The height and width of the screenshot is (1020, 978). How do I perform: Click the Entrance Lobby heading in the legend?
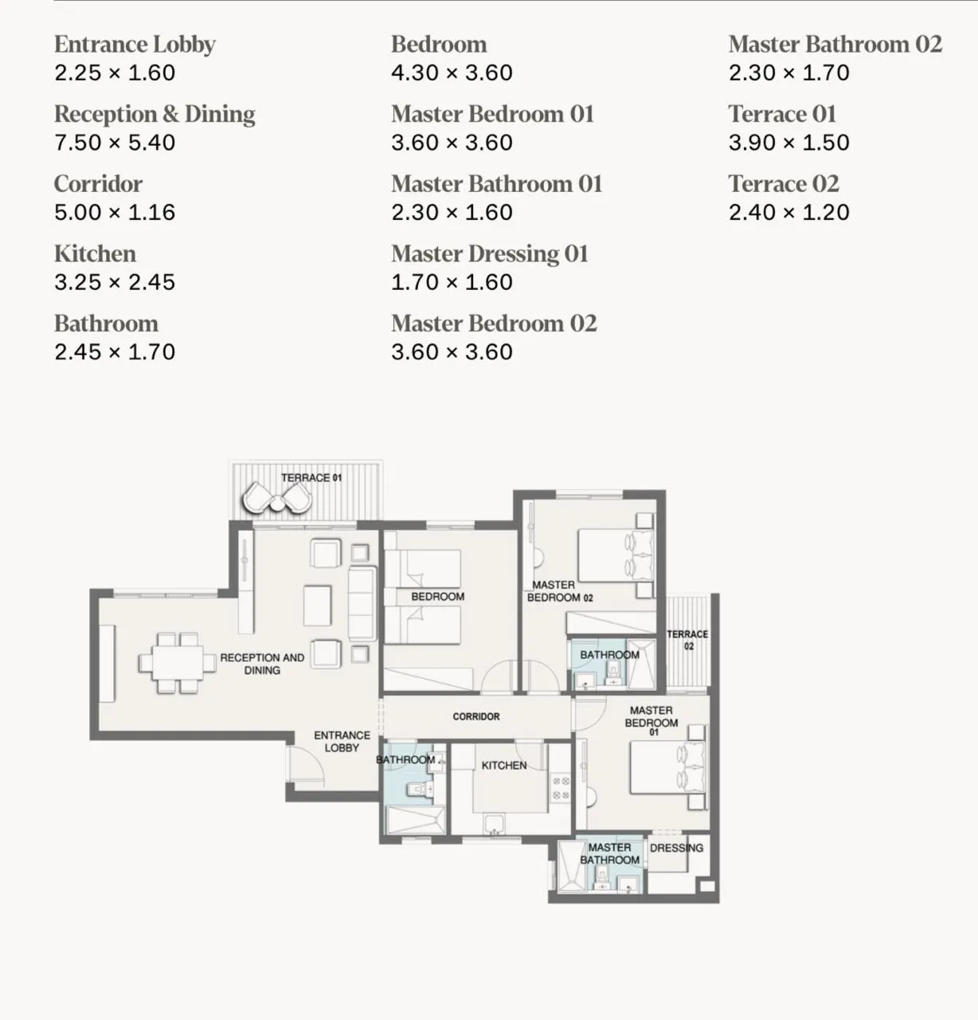(135, 45)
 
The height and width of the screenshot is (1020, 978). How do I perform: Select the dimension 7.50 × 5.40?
(115, 143)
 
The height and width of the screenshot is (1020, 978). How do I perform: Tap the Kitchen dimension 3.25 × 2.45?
(115, 282)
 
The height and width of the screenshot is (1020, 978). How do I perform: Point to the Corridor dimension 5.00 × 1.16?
(115, 213)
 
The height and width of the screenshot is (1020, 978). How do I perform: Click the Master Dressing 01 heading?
(489, 254)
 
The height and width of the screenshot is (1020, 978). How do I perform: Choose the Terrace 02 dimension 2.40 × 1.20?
(788, 213)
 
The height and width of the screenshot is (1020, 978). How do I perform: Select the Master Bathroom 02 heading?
(835, 45)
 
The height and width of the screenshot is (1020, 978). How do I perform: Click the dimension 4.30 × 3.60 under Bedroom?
(452, 73)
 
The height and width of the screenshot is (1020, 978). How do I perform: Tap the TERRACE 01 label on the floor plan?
(311, 478)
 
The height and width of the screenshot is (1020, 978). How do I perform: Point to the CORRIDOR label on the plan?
(476, 717)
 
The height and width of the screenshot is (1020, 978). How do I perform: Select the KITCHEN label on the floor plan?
(504, 766)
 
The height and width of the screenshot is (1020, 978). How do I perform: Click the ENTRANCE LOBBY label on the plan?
(342, 742)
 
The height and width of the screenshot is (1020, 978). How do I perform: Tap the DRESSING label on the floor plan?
(676, 848)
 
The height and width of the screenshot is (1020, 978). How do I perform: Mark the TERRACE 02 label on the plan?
(687, 640)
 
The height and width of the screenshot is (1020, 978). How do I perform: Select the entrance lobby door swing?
(306, 765)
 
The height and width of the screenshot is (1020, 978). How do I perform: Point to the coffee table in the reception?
(318, 606)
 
